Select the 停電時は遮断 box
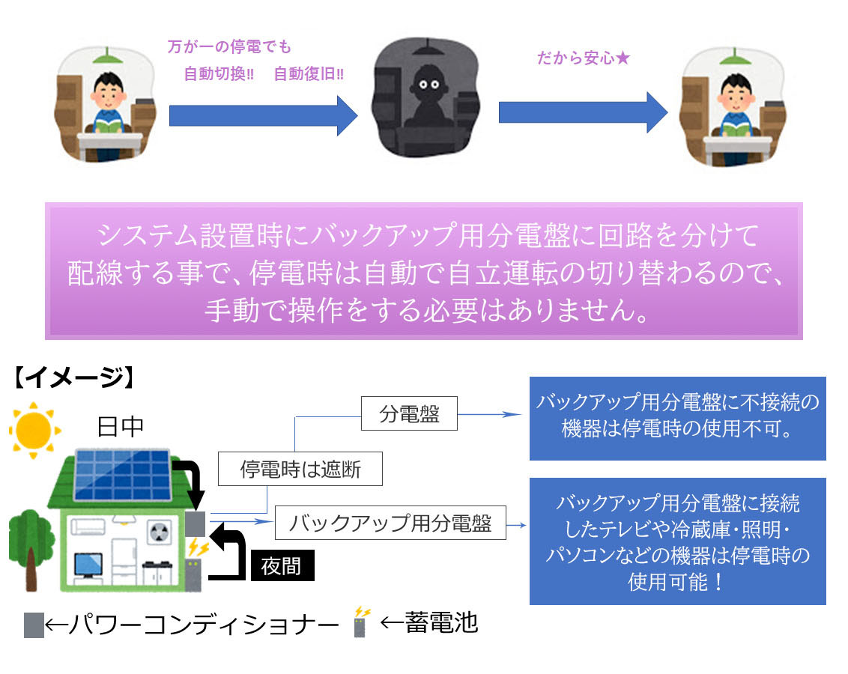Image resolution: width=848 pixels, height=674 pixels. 300,470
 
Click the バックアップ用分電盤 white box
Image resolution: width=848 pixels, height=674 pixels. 390,523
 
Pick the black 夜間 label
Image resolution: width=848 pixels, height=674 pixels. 282,566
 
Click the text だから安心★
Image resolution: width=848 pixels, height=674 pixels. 584,58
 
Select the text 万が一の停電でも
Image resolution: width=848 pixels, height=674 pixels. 229,47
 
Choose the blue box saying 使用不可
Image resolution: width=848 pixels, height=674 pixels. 677,418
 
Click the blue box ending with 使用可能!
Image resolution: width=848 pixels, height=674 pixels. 677,541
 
